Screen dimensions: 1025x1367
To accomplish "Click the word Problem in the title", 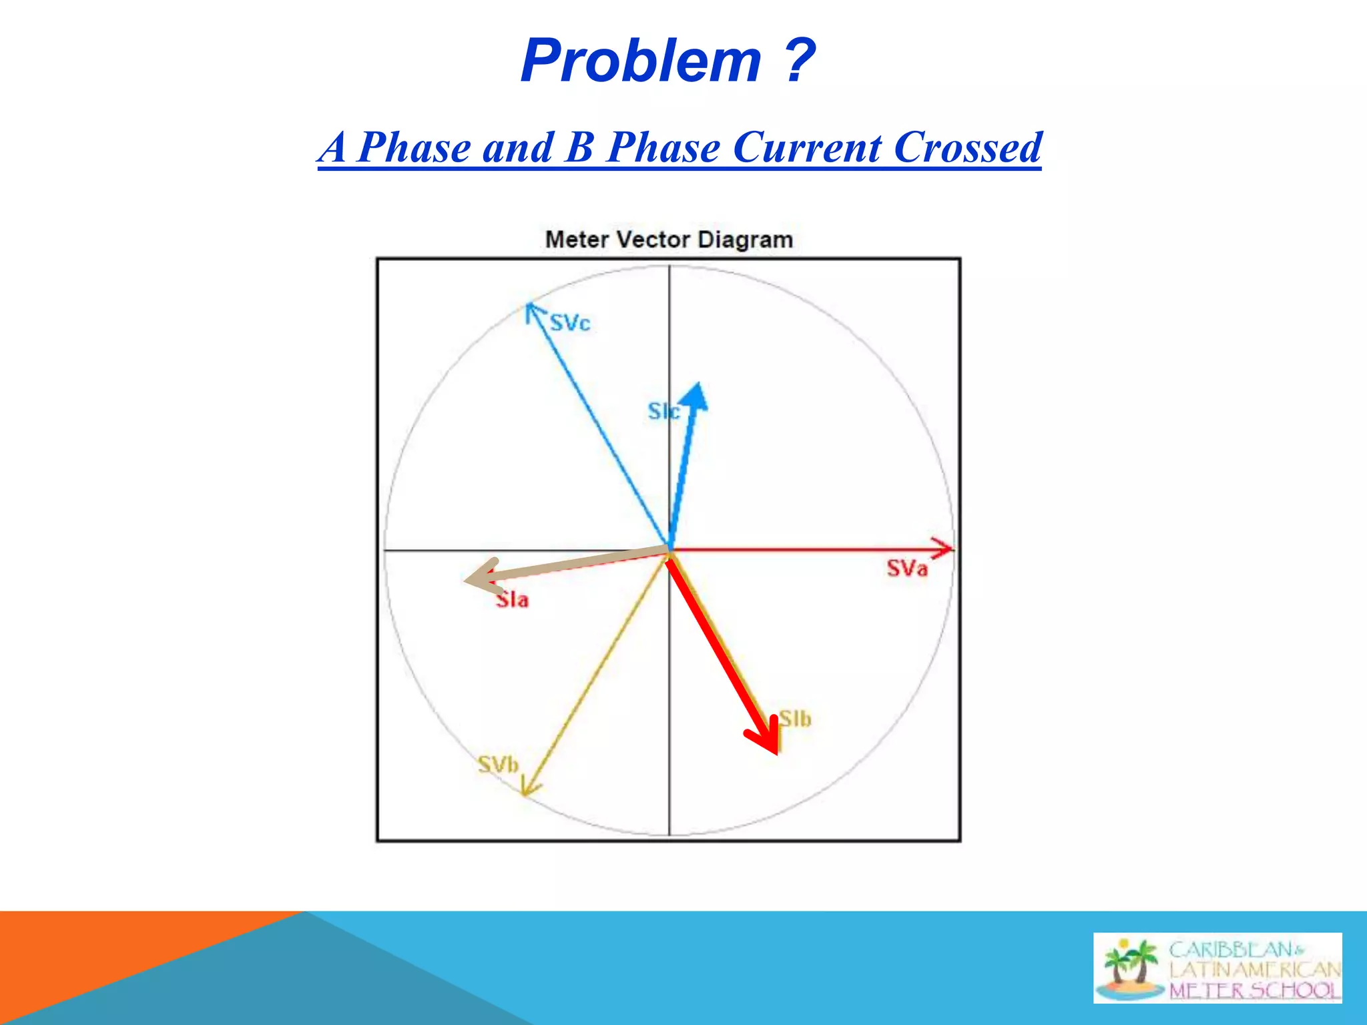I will click(x=641, y=62).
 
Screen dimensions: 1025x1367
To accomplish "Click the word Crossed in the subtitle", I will click(x=967, y=147).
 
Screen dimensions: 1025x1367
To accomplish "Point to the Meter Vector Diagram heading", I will click(x=669, y=240).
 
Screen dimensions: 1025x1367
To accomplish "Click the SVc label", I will click(x=570, y=324).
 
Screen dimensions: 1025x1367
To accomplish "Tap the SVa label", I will click(x=907, y=569).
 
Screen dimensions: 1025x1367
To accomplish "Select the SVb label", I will click(x=498, y=765).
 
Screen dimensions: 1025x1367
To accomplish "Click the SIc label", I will click(x=663, y=412).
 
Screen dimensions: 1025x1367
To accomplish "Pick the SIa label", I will click(x=513, y=600).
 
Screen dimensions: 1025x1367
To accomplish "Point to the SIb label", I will click(x=796, y=719).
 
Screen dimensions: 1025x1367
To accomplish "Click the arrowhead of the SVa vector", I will click(x=946, y=549).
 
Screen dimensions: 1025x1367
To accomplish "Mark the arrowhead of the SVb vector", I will click(x=527, y=789).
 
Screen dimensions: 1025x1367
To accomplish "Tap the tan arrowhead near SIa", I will click(x=479, y=576).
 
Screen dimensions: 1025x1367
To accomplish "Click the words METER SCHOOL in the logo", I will click(x=1255, y=990).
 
